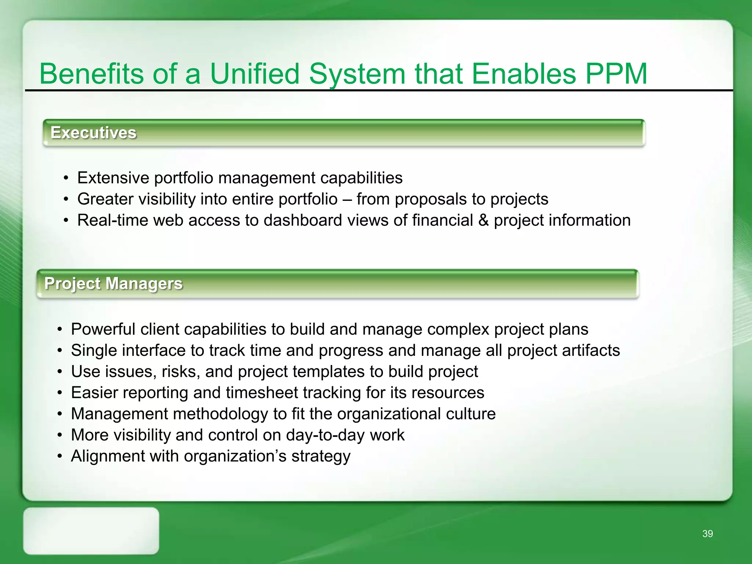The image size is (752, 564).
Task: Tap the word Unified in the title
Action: pos(254,74)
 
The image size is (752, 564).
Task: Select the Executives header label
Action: pos(93,133)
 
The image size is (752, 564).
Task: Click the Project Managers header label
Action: pos(113,283)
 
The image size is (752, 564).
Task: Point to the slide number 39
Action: pos(707,534)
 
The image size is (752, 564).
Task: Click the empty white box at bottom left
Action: pos(91,531)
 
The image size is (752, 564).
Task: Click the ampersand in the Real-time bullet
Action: pos(483,220)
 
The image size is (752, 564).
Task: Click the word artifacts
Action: pos(591,350)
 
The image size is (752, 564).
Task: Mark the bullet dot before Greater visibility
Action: pos(66,199)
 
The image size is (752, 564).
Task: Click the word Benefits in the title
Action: pos(91,74)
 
